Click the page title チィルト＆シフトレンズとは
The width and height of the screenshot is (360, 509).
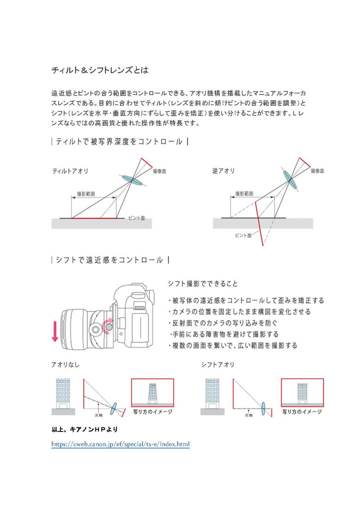point(100,70)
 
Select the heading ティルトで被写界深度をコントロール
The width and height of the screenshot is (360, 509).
point(119,142)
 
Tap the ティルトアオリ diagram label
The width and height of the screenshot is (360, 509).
point(70,171)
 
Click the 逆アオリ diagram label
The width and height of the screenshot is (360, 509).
point(223,171)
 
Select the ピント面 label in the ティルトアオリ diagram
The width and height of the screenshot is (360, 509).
point(136,218)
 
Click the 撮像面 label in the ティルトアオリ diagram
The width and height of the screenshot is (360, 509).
point(159,171)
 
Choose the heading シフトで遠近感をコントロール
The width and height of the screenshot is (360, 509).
point(109,260)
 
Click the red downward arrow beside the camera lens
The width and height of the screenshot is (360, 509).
point(54,331)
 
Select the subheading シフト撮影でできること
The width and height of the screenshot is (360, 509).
point(202,283)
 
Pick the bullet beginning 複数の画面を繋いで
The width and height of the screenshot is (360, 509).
point(234,345)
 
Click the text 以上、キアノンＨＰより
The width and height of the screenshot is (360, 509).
point(84,429)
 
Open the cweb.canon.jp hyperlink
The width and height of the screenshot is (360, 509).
point(120,444)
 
